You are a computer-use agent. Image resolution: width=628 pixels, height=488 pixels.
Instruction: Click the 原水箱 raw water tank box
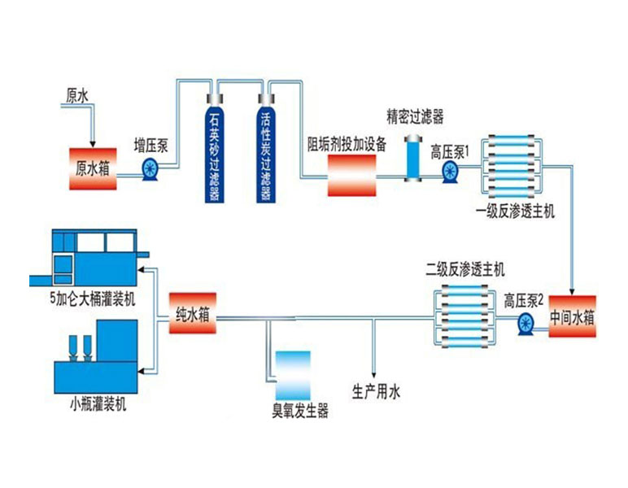pos(93,169)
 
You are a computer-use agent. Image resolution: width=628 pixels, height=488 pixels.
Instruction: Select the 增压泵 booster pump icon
pos(150,170)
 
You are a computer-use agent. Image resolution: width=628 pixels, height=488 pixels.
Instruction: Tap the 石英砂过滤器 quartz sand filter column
pos(215,149)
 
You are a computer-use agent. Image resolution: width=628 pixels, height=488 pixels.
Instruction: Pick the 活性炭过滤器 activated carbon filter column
pos(266,149)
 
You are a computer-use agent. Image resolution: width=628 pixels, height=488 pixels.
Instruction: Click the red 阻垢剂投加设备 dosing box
pos(352,176)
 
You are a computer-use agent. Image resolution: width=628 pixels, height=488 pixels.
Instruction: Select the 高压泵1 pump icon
pos(450,172)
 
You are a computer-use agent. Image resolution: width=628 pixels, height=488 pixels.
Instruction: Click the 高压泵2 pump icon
pos(526,324)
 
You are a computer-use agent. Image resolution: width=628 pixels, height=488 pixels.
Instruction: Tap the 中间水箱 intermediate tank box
pos(573,316)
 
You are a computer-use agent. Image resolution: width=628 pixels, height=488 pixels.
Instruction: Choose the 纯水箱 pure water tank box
pos(193,313)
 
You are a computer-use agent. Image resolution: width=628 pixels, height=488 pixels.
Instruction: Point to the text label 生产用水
pos(376,392)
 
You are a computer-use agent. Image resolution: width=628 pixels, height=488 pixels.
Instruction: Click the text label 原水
pos(77,96)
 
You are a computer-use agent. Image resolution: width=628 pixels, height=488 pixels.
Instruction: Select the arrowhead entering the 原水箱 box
pos(93,144)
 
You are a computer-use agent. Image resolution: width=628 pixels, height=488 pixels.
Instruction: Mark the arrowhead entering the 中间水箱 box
pos(573,292)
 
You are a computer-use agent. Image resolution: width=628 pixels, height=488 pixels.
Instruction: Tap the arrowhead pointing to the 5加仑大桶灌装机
pos(142,270)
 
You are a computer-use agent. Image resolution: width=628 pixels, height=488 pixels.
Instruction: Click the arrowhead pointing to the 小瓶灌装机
pos(142,372)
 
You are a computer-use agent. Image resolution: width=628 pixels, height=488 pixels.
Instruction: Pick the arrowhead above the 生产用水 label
pos(373,375)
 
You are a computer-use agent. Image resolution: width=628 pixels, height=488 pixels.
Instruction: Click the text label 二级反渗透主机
pos(465,270)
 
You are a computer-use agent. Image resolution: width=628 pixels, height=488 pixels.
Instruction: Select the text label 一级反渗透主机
pos(516,211)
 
